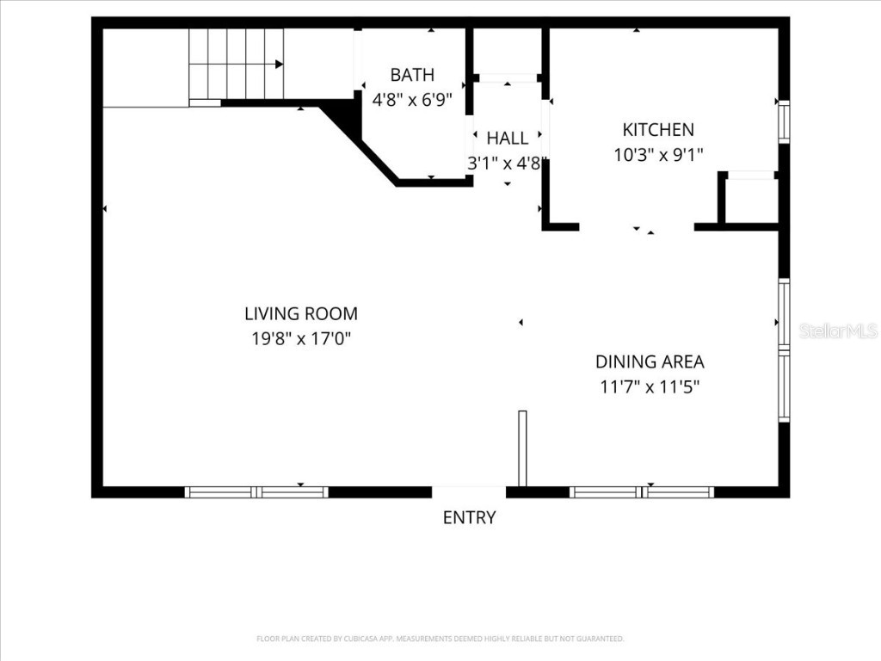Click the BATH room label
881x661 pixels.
(412, 75)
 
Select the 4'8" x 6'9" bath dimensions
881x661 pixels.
(412, 100)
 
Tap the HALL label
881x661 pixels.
(508, 139)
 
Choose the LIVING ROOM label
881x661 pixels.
(301, 314)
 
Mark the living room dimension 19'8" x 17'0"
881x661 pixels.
(301, 339)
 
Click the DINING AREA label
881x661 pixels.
(650, 361)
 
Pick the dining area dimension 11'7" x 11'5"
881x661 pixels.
(650, 386)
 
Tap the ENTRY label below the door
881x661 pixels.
(469, 517)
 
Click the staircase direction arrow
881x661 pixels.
(278, 64)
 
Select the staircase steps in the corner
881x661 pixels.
(237, 65)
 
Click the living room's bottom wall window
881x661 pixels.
(256, 492)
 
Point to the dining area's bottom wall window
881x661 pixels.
(642, 492)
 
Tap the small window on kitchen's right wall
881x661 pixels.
(784, 121)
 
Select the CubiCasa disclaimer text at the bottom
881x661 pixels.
(440, 639)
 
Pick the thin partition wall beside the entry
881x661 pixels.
(522, 448)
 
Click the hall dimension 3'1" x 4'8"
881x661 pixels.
(505, 164)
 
